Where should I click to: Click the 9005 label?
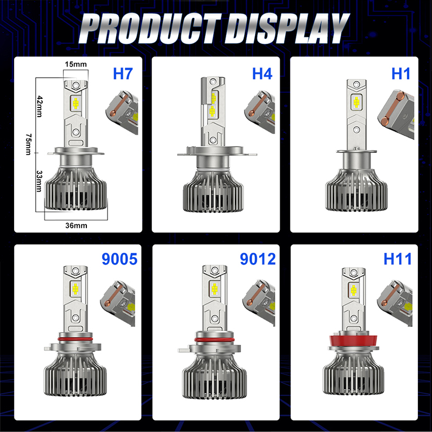point(119,259)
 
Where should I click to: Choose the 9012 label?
point(258,259)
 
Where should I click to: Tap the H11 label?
point(397,259)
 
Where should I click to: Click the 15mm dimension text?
point(76,65)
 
